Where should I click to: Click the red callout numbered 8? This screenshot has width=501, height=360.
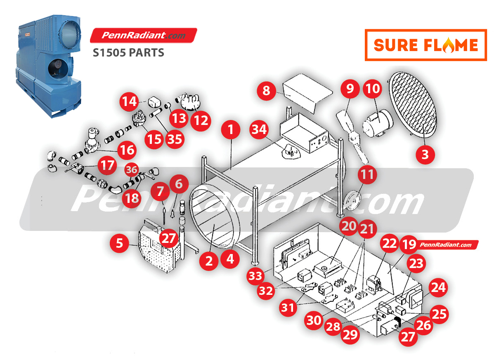tap(266, 91)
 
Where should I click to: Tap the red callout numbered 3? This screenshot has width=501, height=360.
tap(425, 155)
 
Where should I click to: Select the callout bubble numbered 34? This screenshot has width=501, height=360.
tap(259, 129)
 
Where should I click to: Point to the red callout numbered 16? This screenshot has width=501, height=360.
tap(127, 150)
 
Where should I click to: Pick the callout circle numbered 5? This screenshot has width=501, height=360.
tap(119, 243)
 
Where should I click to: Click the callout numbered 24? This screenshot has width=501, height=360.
tap(438, 287)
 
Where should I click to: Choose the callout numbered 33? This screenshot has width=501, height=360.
tap(255, 275)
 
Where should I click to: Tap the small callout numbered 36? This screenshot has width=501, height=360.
tap(132, 170)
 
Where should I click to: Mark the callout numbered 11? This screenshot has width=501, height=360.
tap(367, 174)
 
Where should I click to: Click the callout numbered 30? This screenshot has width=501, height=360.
tap(314, 320)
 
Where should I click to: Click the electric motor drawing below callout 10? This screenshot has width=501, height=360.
tap(378, 123)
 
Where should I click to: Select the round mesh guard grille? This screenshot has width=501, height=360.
tap(413, 104)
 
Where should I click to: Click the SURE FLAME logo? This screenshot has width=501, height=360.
tap(426, 45)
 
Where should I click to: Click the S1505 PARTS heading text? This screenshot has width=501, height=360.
tap(128, 53)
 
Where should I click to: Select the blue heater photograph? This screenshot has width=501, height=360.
tap(48, 66)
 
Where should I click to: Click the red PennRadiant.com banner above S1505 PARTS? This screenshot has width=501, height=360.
tap(144, 35)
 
